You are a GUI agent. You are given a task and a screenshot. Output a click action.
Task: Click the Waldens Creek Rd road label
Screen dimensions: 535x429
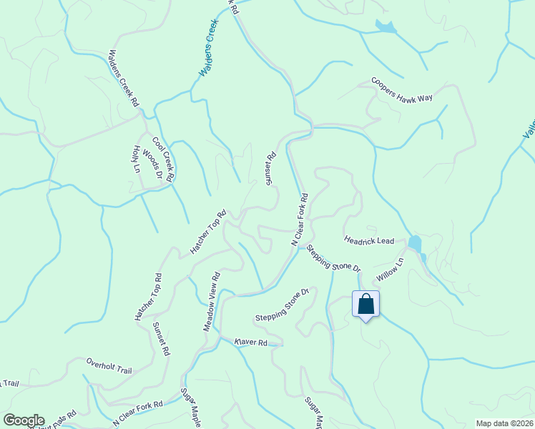coord(123,78)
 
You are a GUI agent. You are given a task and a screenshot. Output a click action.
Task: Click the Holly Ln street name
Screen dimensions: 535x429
coord(135,159)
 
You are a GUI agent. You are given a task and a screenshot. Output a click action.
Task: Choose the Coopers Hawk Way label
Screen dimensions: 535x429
coord(402,91)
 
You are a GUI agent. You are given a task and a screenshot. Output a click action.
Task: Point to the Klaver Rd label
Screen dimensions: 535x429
coord(251,343)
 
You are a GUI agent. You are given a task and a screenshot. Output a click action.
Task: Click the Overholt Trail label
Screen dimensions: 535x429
coord(109,366)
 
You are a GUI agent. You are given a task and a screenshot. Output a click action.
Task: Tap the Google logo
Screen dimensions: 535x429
coord(24,420)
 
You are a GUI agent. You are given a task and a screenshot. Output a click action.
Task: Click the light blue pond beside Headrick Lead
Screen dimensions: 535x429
coord(415,243)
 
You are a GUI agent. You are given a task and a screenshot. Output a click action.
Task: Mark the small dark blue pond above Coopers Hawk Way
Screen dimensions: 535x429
coord(386,27)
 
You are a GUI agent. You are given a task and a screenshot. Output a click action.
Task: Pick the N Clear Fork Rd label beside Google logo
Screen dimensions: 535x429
coord(138,413)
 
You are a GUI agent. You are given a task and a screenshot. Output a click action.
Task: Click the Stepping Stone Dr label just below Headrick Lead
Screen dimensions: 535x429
coord(334,258)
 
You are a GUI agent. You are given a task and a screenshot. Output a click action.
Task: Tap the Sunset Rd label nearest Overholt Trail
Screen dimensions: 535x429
coord(161,339)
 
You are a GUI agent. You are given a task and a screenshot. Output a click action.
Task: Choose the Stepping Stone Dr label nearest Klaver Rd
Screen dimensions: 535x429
coord(282,306)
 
